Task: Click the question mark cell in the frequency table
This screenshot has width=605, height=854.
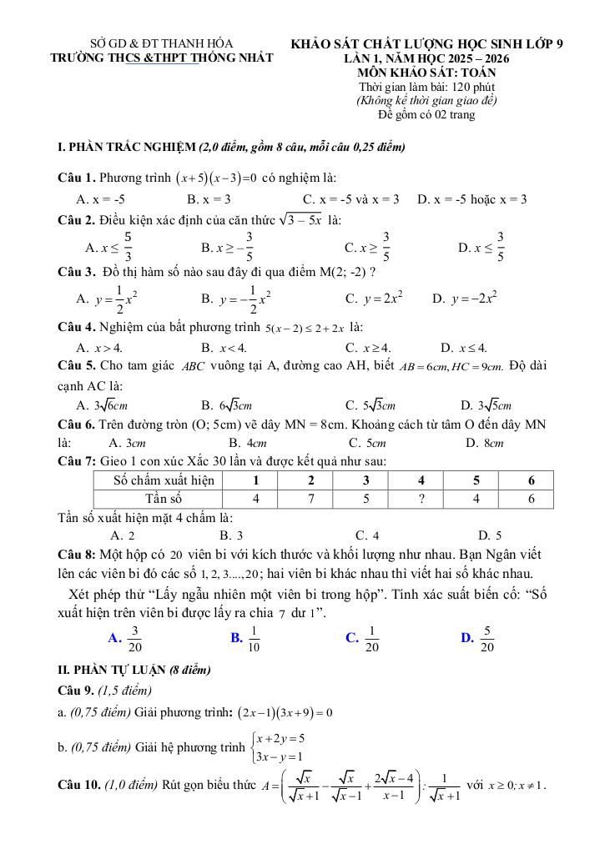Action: click(421, 499)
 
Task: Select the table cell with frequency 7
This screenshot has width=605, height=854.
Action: click(310, 499)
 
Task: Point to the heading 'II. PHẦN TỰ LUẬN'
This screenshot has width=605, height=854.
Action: click(112, 670)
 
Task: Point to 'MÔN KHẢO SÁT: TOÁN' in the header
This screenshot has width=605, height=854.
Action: click(426, 73)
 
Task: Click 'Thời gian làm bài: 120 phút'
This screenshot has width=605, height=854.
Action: click(426, 88)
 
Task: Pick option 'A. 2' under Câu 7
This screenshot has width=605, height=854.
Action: click(123, 535)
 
